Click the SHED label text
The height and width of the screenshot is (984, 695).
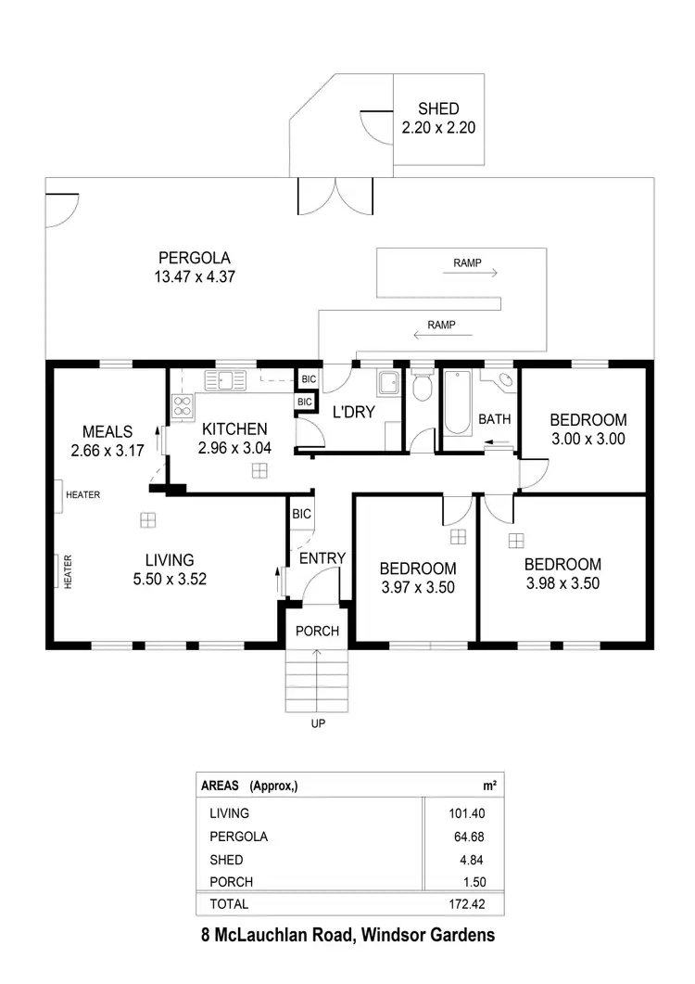pos(438,109)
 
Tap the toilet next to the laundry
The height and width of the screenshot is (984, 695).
pos(422,386)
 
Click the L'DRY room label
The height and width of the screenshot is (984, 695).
pos(352,412)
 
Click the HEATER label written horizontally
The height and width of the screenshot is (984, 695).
pos(82,495)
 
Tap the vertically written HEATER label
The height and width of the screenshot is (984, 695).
pos(68,571)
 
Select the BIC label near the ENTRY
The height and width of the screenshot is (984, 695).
pos(301,513)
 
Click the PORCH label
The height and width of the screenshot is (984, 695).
pos(318,632)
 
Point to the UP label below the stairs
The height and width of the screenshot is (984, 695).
pos(317,723)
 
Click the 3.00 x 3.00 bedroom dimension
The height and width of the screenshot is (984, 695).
pos(588,439)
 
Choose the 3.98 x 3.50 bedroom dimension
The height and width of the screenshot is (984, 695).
pos(562,583)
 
